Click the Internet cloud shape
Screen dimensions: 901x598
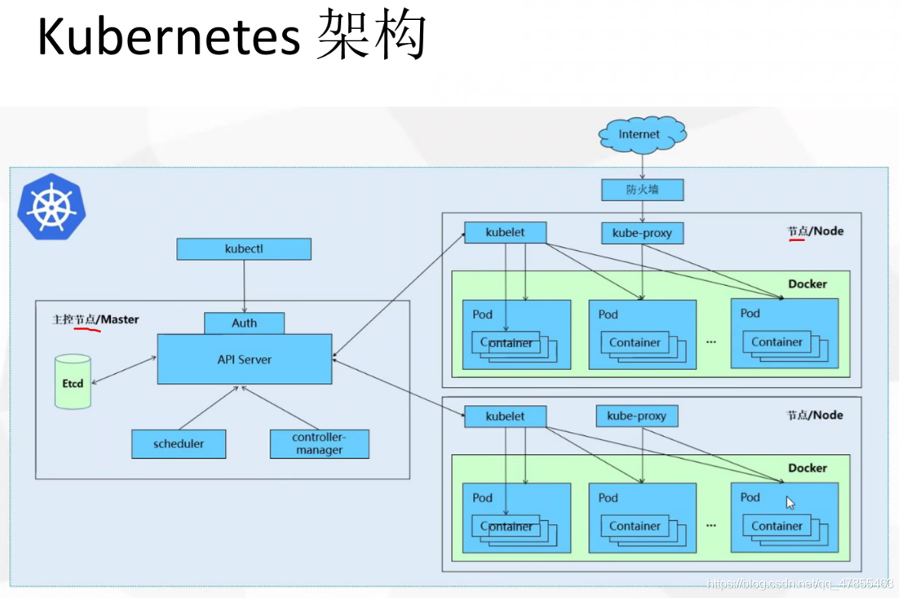tap(642, 135)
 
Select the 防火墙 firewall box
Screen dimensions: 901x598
tap(642, 190)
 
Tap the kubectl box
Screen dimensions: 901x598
tap(244, 249)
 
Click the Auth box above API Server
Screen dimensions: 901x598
tap(244, 323)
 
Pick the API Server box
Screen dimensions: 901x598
tap(245, 359)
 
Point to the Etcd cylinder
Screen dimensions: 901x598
tap(73, 382)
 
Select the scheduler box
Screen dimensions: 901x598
tap(179, 444)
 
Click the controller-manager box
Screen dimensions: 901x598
tap(320, 444)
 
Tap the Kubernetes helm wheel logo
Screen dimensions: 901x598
tap(52, 206)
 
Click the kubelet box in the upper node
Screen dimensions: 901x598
tap(505, 232)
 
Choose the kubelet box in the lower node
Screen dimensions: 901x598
tap(505, 416)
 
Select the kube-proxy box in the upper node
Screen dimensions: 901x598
tap(642, 232)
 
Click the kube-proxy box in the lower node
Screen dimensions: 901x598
tap(636, 416)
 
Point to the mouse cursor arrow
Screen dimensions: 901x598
tap(790, 503)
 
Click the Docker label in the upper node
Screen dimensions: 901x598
tap(808, 284)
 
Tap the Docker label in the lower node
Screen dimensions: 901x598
tap(808, 467)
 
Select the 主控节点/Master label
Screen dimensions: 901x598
tap(96, 320)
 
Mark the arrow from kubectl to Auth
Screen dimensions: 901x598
tap(244, 286)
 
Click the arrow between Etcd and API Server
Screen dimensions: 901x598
tap(124, 370)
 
